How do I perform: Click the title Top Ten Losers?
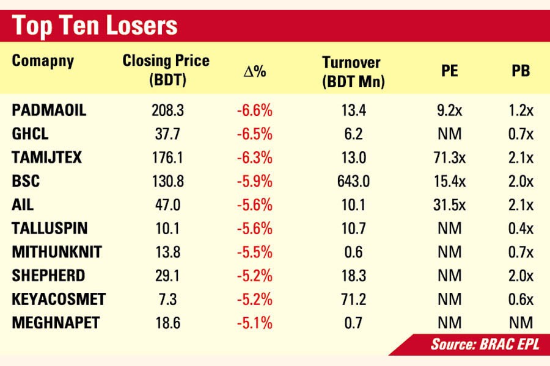95,26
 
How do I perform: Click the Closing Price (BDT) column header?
166,70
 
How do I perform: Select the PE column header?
450,71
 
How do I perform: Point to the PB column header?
521,71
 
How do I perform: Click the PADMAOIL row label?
49,110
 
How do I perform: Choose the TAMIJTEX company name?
46,158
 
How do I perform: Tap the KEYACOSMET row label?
59,300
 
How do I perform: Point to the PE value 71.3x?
449,158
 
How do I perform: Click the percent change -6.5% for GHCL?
254,134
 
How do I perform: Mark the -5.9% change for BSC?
254,182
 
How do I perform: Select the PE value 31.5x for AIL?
449,205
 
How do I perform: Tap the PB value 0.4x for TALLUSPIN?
521,229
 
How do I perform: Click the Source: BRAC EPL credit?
485,344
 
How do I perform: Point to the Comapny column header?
43,61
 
